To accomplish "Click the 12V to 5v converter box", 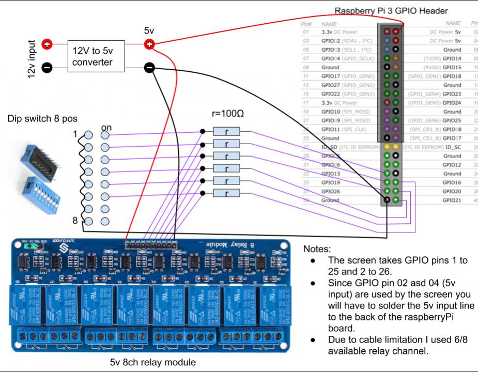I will [99, 56].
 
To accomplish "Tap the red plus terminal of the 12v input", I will [47, 44].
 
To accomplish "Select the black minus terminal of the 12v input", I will [47, 67].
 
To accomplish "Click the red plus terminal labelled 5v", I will [149, 44].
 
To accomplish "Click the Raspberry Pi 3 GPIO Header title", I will [391, 10].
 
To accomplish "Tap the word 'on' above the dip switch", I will [107, 127].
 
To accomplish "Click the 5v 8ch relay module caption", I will [153, 362].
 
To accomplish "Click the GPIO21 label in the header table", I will [452, 200].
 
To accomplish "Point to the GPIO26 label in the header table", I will [331, 191].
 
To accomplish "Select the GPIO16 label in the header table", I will [452, 182].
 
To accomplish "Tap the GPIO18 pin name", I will [452, 76].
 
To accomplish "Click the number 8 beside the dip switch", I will [75, 221].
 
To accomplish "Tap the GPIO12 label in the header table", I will [452, 164].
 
